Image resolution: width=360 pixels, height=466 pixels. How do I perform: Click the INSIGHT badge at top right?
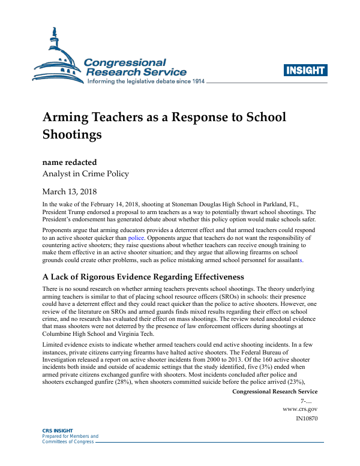(x=306, y=70)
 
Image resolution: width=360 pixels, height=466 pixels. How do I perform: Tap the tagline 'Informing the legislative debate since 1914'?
(x=146, y=81)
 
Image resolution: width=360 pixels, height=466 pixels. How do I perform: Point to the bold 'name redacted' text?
(x=70, y=162)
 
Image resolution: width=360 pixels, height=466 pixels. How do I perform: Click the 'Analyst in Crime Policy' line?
(x=85, y=174)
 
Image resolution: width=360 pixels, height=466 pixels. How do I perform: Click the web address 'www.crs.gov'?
(x=300, y=408)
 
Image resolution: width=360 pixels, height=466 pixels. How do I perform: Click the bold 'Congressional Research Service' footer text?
(x=274, y=392)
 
